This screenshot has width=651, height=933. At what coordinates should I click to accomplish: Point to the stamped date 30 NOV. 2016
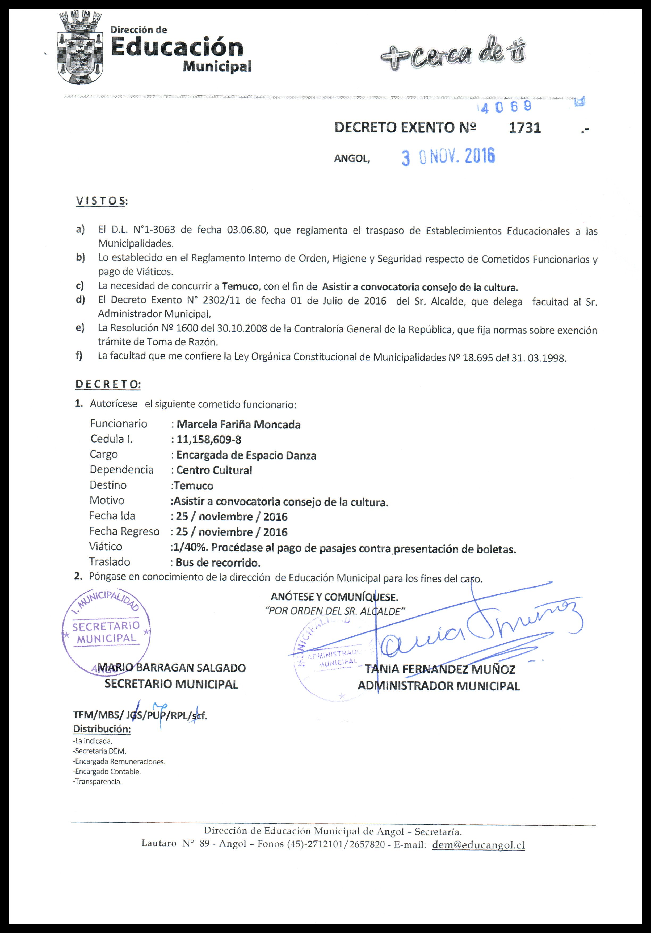[x=448, y=157]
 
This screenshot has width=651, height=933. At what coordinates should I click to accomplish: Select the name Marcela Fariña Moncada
[x=239, y=425]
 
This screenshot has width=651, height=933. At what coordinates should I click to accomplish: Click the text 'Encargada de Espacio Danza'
[x=246, y=456]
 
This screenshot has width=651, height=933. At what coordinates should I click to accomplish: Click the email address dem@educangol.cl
[x=478, y=844]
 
